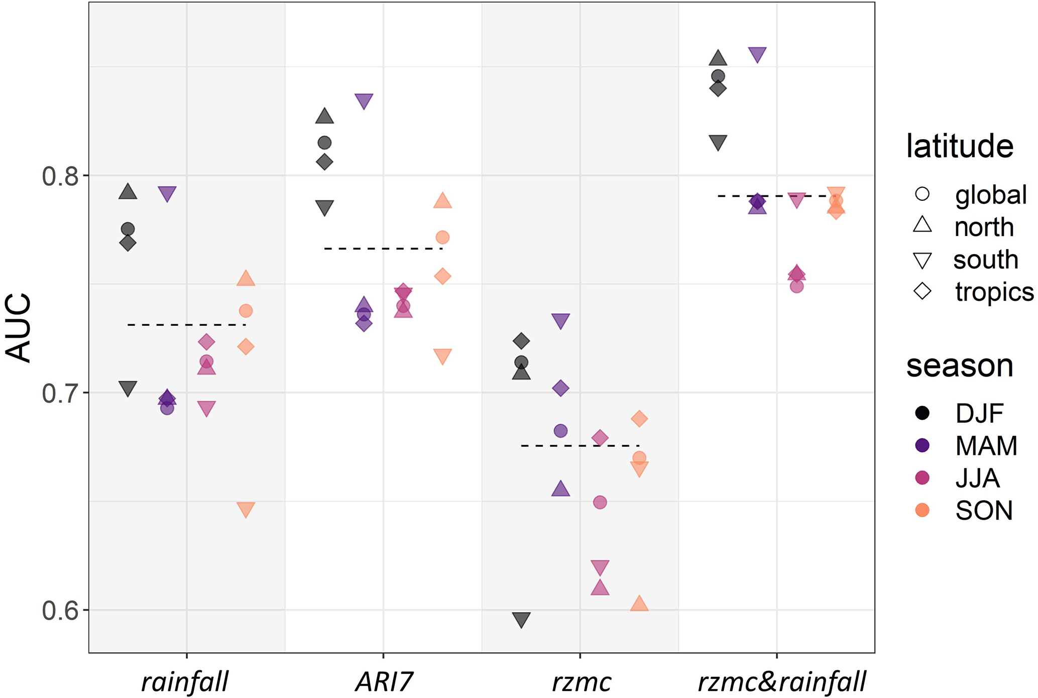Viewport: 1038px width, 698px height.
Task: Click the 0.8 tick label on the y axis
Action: click(x=60, y=176)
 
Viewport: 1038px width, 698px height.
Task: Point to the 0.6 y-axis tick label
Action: click(x=60, y=611)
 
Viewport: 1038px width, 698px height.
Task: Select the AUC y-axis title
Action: click(x=19, y=327)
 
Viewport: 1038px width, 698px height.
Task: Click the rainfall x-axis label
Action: click(x=185, y=682)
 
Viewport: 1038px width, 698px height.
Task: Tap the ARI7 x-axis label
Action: click(x=384, y=682)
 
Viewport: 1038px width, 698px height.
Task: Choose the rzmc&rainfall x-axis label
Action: click(x=782, y=682)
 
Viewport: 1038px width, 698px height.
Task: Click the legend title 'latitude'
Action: click(x=960, y=146)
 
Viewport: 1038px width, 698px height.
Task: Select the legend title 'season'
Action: click(x=960, y=366)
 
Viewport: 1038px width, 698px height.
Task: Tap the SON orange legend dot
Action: click(x=922, y=510)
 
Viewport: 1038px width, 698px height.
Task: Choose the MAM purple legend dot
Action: click(x=922, y=445)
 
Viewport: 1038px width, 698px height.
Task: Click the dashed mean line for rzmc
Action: click(x=580, y=445)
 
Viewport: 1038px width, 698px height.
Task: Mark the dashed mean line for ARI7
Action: click(x=383, y=249)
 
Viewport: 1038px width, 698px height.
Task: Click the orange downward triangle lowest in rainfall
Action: click(x=246, y=509)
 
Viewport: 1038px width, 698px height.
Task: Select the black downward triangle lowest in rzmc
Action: click(x=521, y=620)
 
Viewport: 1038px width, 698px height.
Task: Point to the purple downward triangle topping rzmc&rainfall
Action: click(x=757, y=54)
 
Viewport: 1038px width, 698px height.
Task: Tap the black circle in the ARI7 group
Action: click(x=324, y=143)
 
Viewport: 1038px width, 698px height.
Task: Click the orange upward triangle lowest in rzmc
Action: click(x=639, y=604)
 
